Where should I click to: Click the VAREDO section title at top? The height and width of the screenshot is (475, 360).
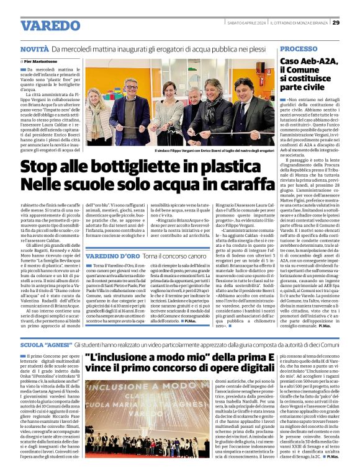click(47, 25)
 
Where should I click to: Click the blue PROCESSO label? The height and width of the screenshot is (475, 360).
click(299, 48)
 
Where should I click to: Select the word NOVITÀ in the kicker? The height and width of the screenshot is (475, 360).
click(34, 48)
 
